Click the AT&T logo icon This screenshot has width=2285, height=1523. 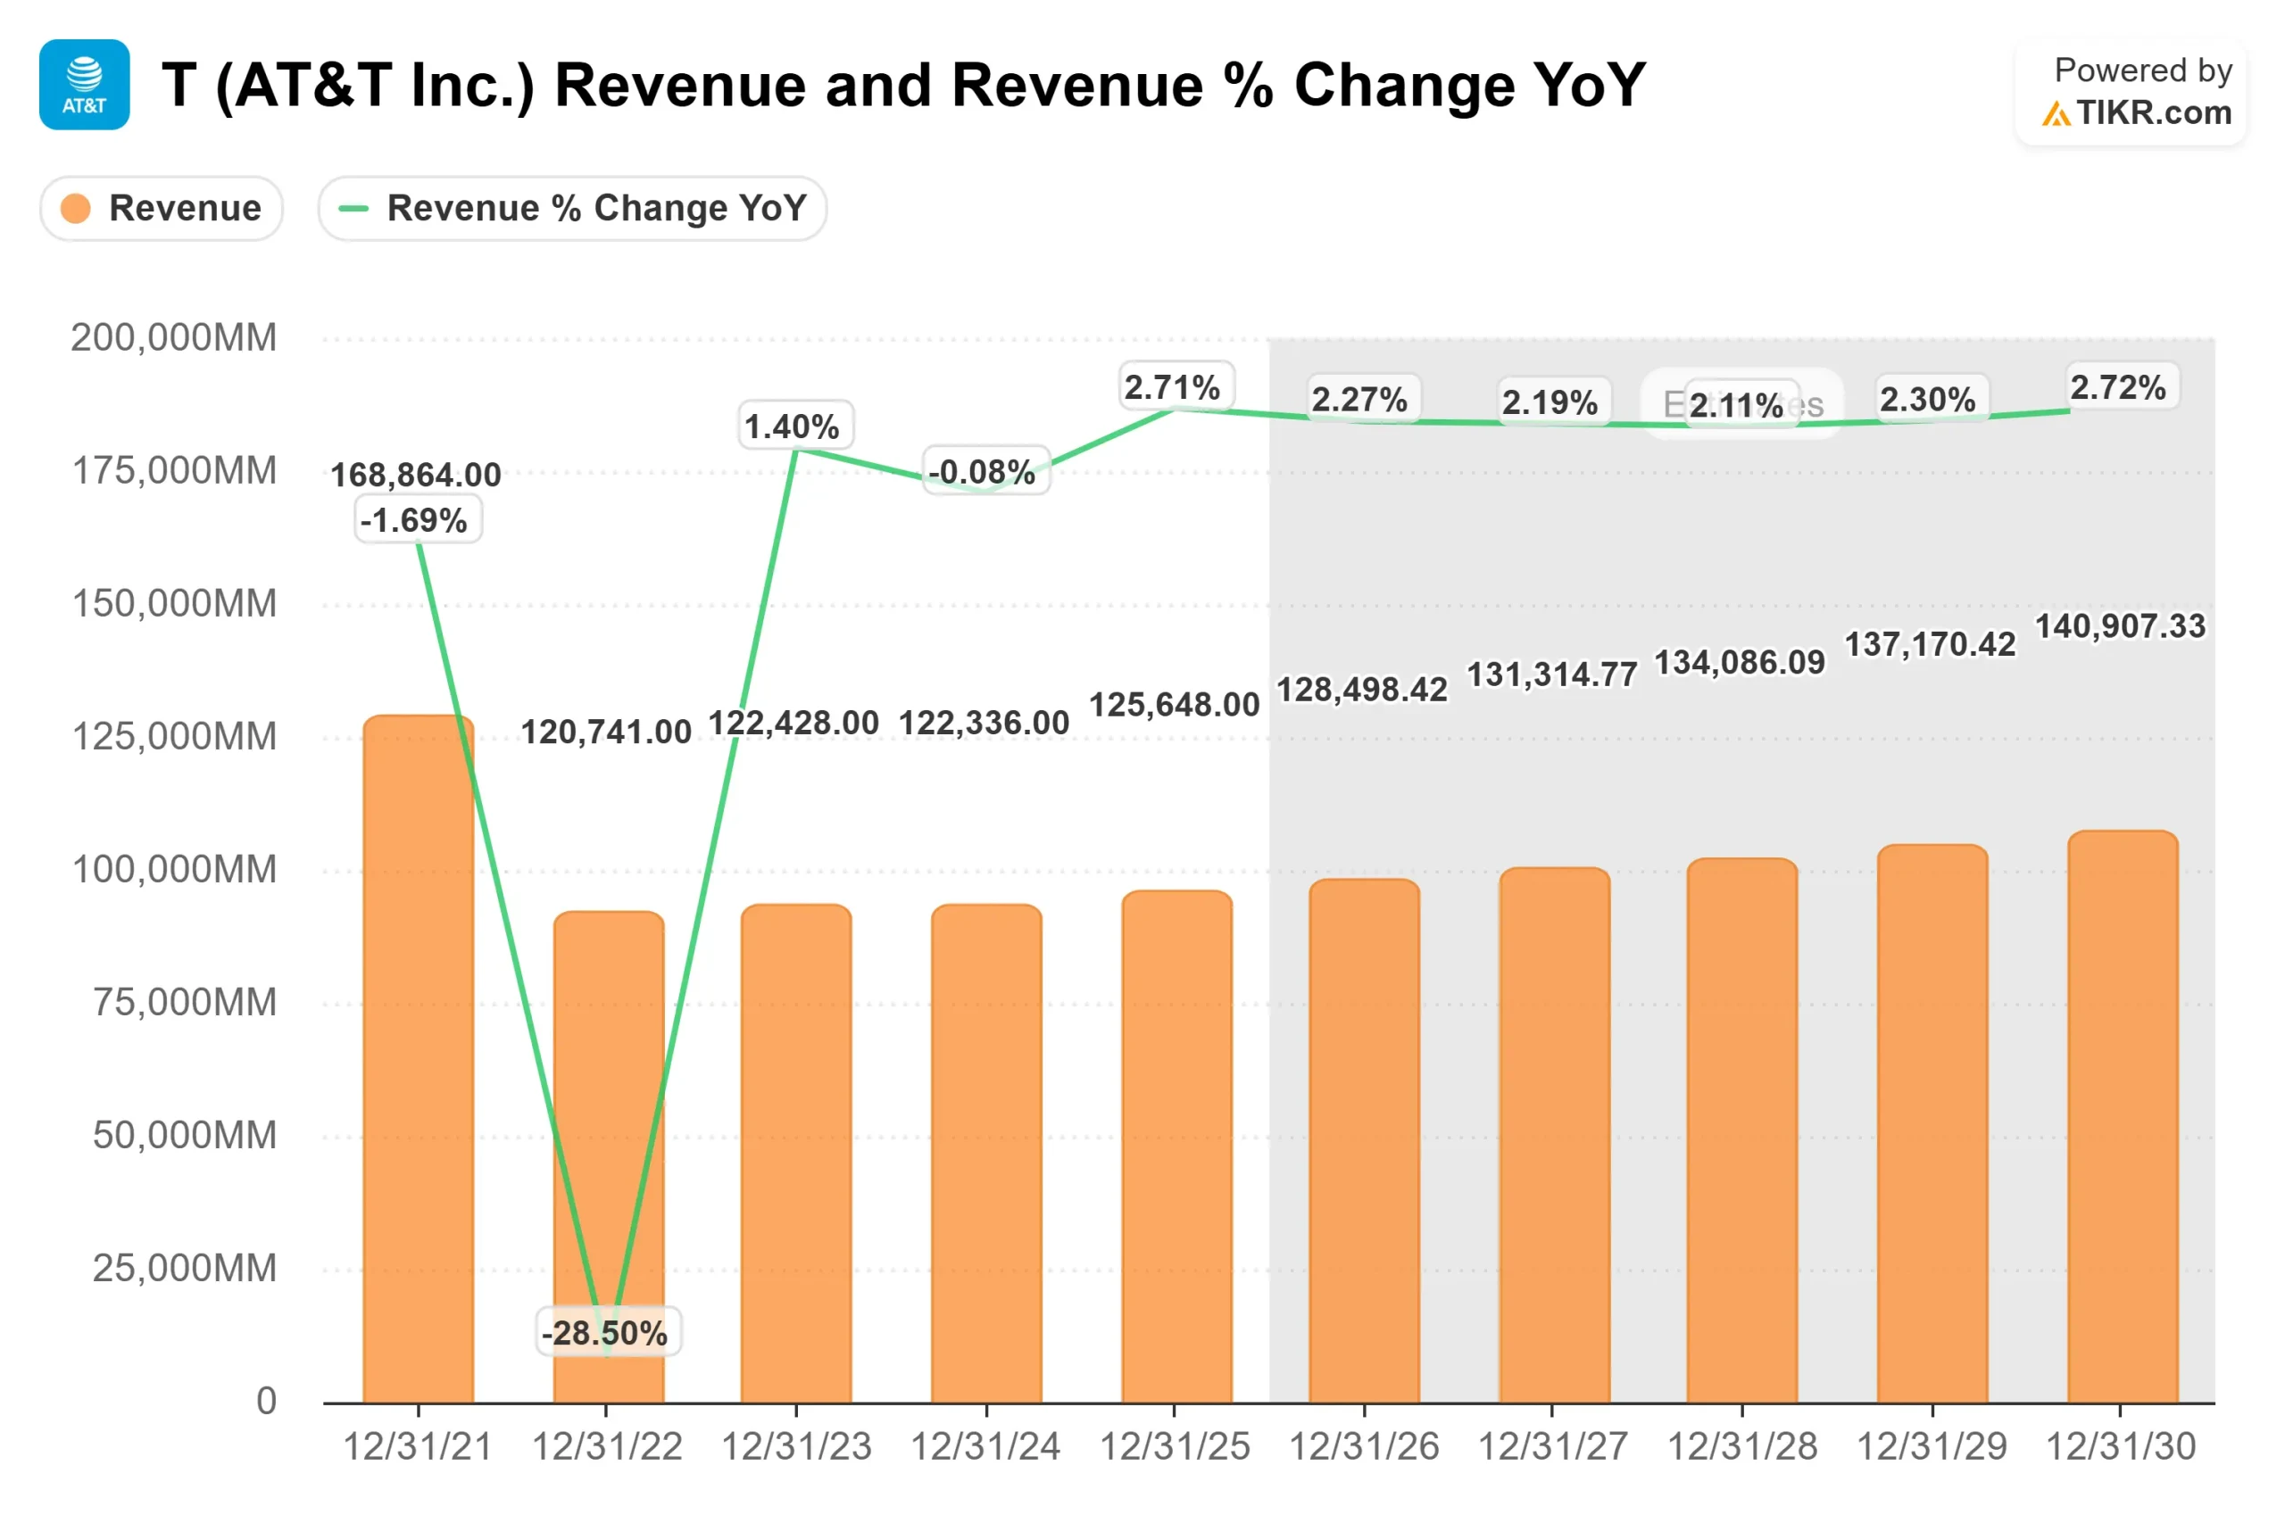[85, 85]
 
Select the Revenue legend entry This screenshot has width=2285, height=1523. [162, 208]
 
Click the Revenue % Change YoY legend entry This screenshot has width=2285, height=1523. [572, 208]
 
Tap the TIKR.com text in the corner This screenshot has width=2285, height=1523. [2154, 112]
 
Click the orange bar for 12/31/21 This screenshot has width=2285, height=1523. [419, 1059]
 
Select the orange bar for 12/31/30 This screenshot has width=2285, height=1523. [2122, 1117]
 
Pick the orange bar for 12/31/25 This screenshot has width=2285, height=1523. [1176, 1146]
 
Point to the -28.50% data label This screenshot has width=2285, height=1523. [605, 1333]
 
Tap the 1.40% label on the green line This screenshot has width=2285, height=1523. [793, 426]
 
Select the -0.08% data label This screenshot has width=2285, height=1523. [983, 471]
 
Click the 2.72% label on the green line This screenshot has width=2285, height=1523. [2118, 386]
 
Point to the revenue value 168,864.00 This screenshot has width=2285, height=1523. [416, 475]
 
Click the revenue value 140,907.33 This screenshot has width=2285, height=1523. [2121, 625]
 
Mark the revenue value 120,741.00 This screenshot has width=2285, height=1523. [606, 732]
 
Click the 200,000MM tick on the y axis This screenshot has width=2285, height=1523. [174, 337]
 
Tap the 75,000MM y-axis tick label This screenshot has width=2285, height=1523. [185, 1001]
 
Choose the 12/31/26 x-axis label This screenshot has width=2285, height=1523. [1364, 1447]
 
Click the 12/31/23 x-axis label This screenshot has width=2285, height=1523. [797, 1447]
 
